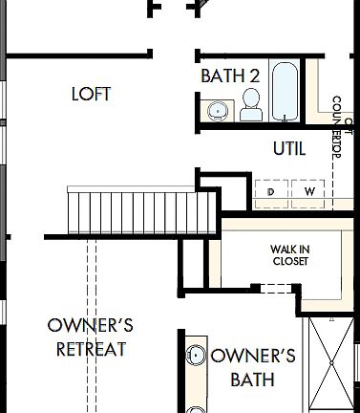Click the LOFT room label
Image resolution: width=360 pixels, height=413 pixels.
(92, 94)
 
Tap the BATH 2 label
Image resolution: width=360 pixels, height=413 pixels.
(230, 76)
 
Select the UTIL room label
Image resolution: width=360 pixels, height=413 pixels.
(289, 149)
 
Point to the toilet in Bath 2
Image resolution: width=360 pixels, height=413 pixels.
(251, 105)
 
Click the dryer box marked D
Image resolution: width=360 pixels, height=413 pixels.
(272, 192)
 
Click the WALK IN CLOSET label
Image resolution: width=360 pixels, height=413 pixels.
(289, 254)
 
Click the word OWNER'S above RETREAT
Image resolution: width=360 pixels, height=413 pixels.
(90, 326)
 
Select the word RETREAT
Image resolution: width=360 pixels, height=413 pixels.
(92, 349)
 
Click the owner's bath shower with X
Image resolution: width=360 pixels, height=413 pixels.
(332, 365)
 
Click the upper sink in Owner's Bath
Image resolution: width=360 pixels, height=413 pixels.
(197, 356)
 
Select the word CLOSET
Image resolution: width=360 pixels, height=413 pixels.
(289, 261)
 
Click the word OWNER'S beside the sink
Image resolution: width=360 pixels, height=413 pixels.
(253, 357)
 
